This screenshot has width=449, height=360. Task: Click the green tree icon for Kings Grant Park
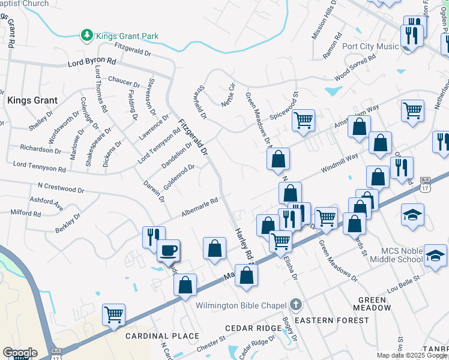pos(87,35)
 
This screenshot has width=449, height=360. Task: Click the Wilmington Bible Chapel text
pos(241,305)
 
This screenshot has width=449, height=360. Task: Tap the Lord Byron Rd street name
pos(92,61)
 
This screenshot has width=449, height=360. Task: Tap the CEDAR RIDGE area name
pos(253,328)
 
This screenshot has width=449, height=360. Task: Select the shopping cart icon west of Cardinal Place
pos(113,314)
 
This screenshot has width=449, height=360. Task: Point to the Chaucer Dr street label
pos(124,79)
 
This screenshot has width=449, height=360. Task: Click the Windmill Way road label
pos(339,163)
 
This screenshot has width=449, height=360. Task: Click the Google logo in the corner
pos(20,352)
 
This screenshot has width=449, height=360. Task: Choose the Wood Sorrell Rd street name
pos(355,67)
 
